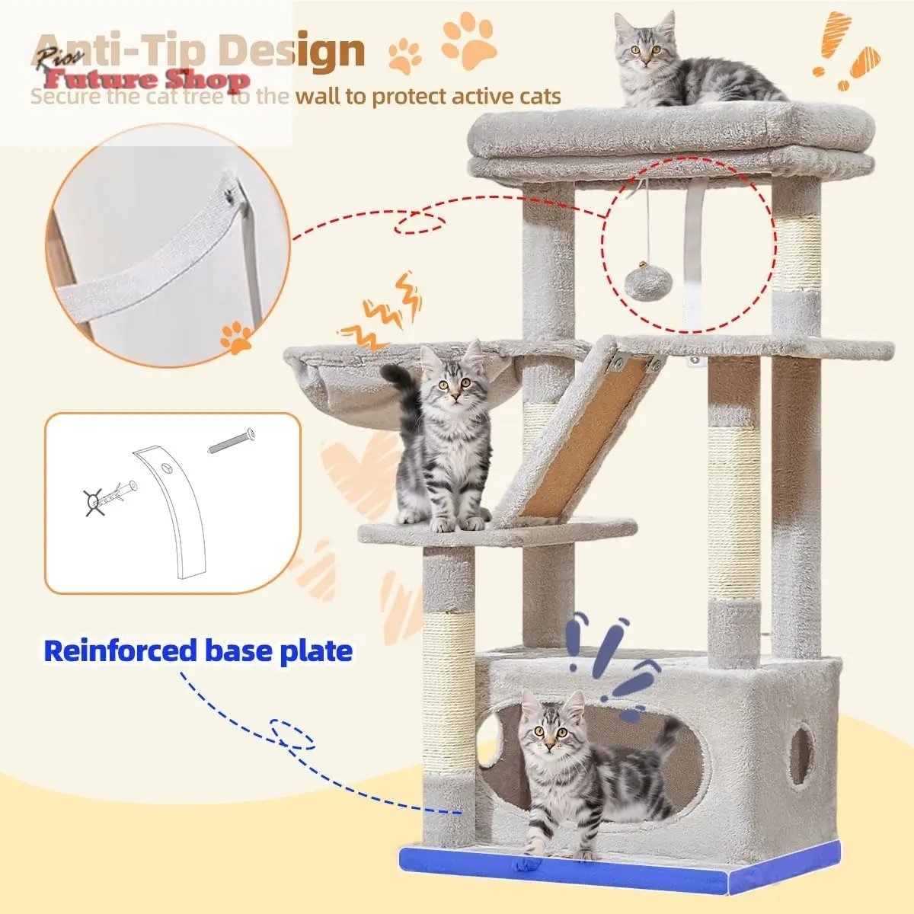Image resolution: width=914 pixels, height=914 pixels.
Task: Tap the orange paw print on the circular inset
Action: [236, 337]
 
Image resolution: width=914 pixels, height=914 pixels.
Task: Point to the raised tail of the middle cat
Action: [404, 388]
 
